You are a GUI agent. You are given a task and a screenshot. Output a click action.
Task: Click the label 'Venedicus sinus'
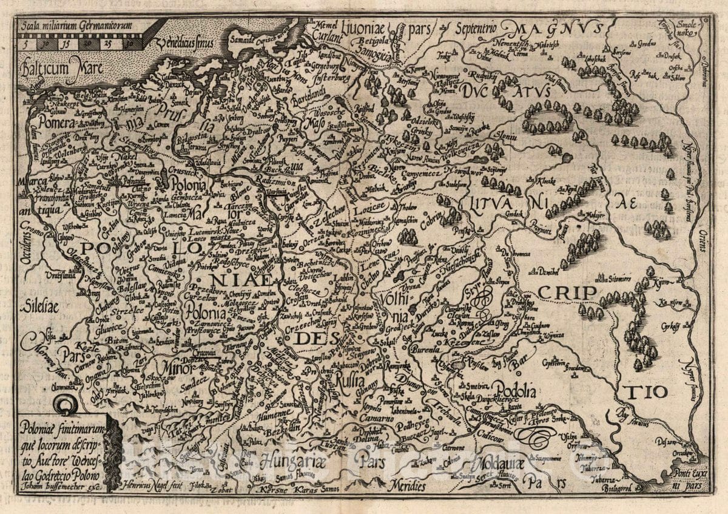pos(183,43)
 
